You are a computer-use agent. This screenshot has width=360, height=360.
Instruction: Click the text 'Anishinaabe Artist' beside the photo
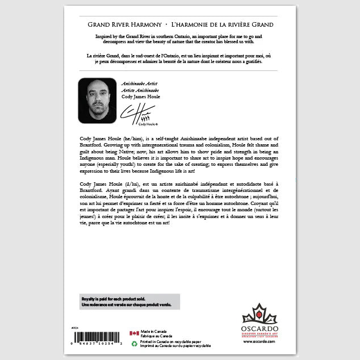pos(139,83)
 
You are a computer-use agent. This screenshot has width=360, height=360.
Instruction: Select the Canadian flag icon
pos(134,333)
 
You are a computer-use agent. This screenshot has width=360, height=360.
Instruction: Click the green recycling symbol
pos(134,343)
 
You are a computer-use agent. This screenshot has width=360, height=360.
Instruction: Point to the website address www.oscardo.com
pos(261,341)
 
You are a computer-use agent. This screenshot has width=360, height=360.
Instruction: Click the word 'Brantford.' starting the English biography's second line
pos(90,145)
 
